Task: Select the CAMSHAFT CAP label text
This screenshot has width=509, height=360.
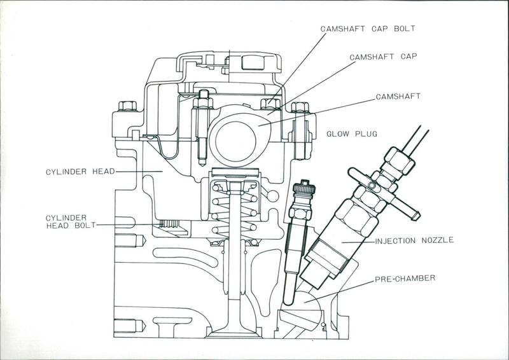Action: pos(382,57)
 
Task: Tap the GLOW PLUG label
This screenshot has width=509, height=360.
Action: pos(352,134)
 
